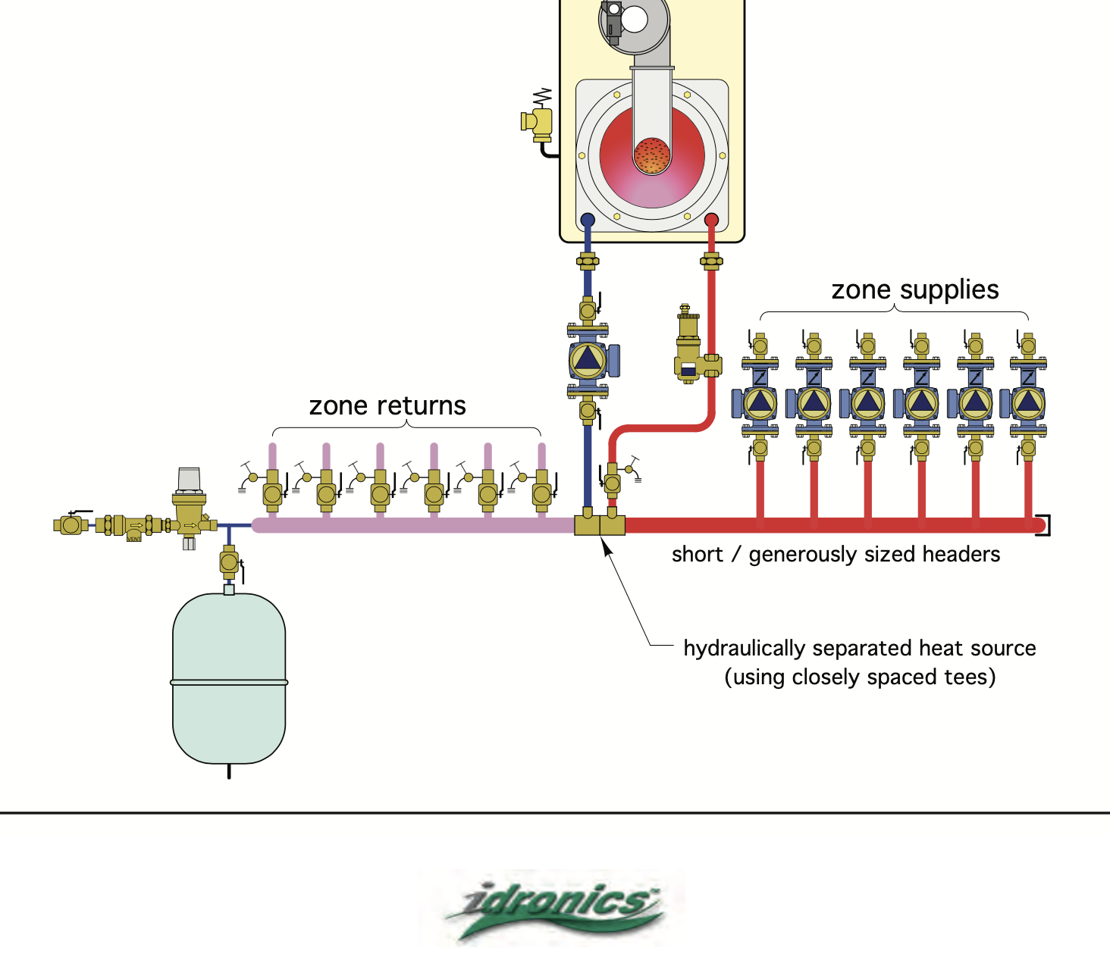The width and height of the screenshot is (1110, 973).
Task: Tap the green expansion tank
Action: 229,678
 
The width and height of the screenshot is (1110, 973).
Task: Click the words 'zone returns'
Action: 387,406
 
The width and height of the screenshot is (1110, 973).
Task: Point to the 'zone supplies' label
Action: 914,290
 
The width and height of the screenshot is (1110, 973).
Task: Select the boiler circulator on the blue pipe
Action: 588,359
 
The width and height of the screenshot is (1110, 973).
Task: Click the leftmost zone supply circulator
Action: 760,403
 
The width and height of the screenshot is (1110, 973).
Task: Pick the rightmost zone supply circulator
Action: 1027,403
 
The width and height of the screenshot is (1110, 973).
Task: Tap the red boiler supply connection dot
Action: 711,220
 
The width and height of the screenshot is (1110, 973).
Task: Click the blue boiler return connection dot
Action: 588,221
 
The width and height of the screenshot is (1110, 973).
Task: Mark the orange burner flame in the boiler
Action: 652,155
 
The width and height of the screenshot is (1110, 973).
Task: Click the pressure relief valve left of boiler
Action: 538,122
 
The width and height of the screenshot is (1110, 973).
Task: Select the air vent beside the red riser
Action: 688,345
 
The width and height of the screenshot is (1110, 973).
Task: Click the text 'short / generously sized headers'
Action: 836,555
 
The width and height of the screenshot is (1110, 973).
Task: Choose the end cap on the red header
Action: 1044,524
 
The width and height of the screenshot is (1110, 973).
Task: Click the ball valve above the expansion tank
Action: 229,562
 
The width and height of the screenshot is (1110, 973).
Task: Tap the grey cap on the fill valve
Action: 189,479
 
